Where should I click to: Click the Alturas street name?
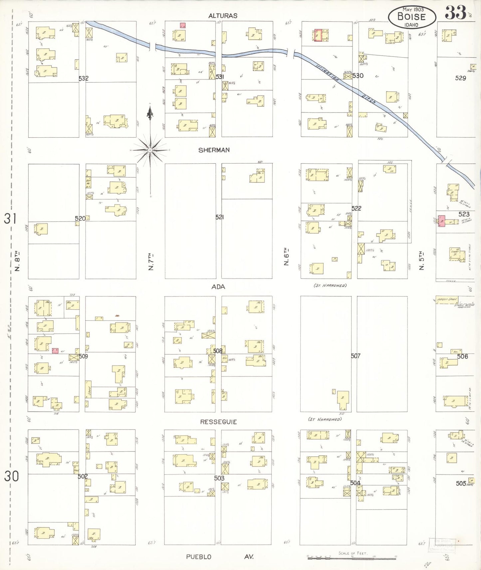point(223,16)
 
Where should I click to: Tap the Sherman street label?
point(214,150)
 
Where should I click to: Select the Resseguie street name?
point(218,422)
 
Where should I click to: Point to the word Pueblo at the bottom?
point(198,557)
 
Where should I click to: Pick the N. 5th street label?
point(421,260)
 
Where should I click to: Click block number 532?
point(84,78)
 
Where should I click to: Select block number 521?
point(219,217)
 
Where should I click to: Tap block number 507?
point(356,356)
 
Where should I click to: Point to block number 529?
point(460,78)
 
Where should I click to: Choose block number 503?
point(219,478)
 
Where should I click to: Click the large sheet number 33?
point(455,13)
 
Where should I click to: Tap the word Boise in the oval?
point(411,17)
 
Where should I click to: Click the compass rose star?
point(150,150)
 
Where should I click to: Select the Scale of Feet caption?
point(353,553)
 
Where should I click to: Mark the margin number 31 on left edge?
point(10,218)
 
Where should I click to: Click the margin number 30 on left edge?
point(11,476)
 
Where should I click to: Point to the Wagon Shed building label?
point(447,299)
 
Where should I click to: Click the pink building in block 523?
point(442,221)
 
